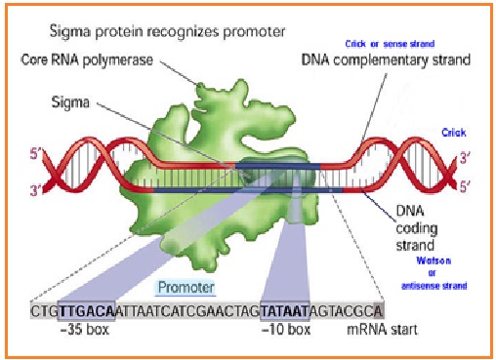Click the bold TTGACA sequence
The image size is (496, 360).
point(86,310)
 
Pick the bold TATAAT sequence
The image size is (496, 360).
point(284,310)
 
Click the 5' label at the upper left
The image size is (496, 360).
point(36,152)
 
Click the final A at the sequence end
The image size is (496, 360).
point(378,310)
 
